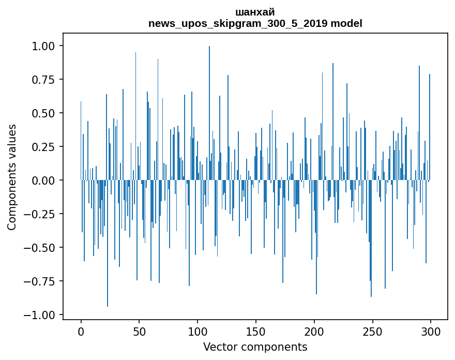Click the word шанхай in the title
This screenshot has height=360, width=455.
[x=255, y=12]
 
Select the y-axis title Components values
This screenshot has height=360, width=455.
[x=12, y=177]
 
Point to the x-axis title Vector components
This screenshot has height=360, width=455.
[x=255, y=347]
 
